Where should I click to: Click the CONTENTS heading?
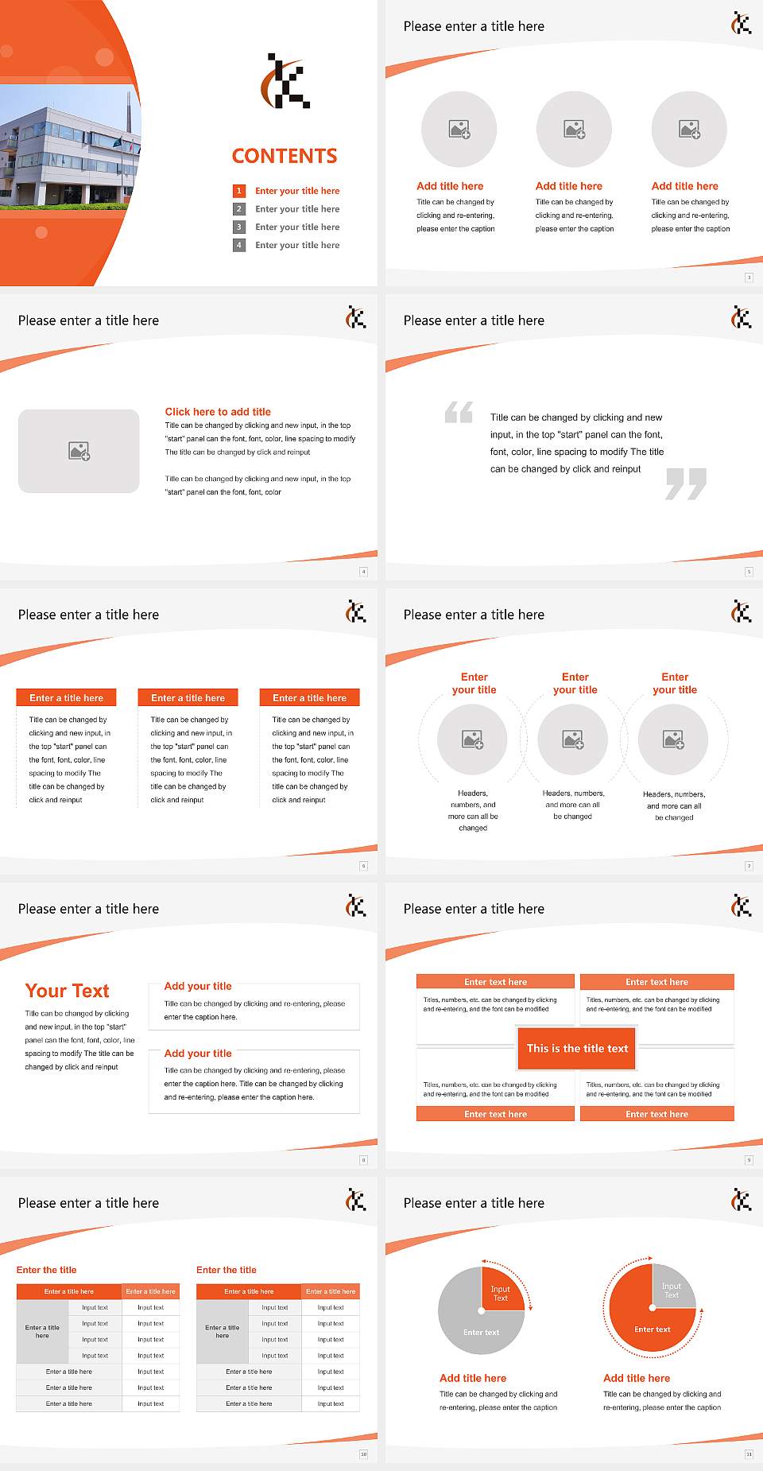[x=285, y=156]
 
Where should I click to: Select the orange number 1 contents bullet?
[x=238, y=191]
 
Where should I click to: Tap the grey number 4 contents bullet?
[x=238, y=245]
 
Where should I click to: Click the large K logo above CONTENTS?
[x=285, y=81]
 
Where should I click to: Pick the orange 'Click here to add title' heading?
[x=218, y=412]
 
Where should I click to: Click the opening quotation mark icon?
[x=459, y=412]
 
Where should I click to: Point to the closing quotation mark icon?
[x=686, y=483]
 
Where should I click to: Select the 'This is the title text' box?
[x=577, y=1049]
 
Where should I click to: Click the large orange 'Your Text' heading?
[x=68, y=991]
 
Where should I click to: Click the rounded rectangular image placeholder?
[x=79, y=451]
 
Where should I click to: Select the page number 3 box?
[x=749, y=278]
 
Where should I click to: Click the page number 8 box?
[x=364, y=1160]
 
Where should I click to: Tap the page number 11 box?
[x=749, y=1454]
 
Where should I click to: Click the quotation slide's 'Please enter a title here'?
[x=474, y=320]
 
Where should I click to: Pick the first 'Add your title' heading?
[x=198, y=986]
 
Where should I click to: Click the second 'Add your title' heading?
[x=198, y=1053]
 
